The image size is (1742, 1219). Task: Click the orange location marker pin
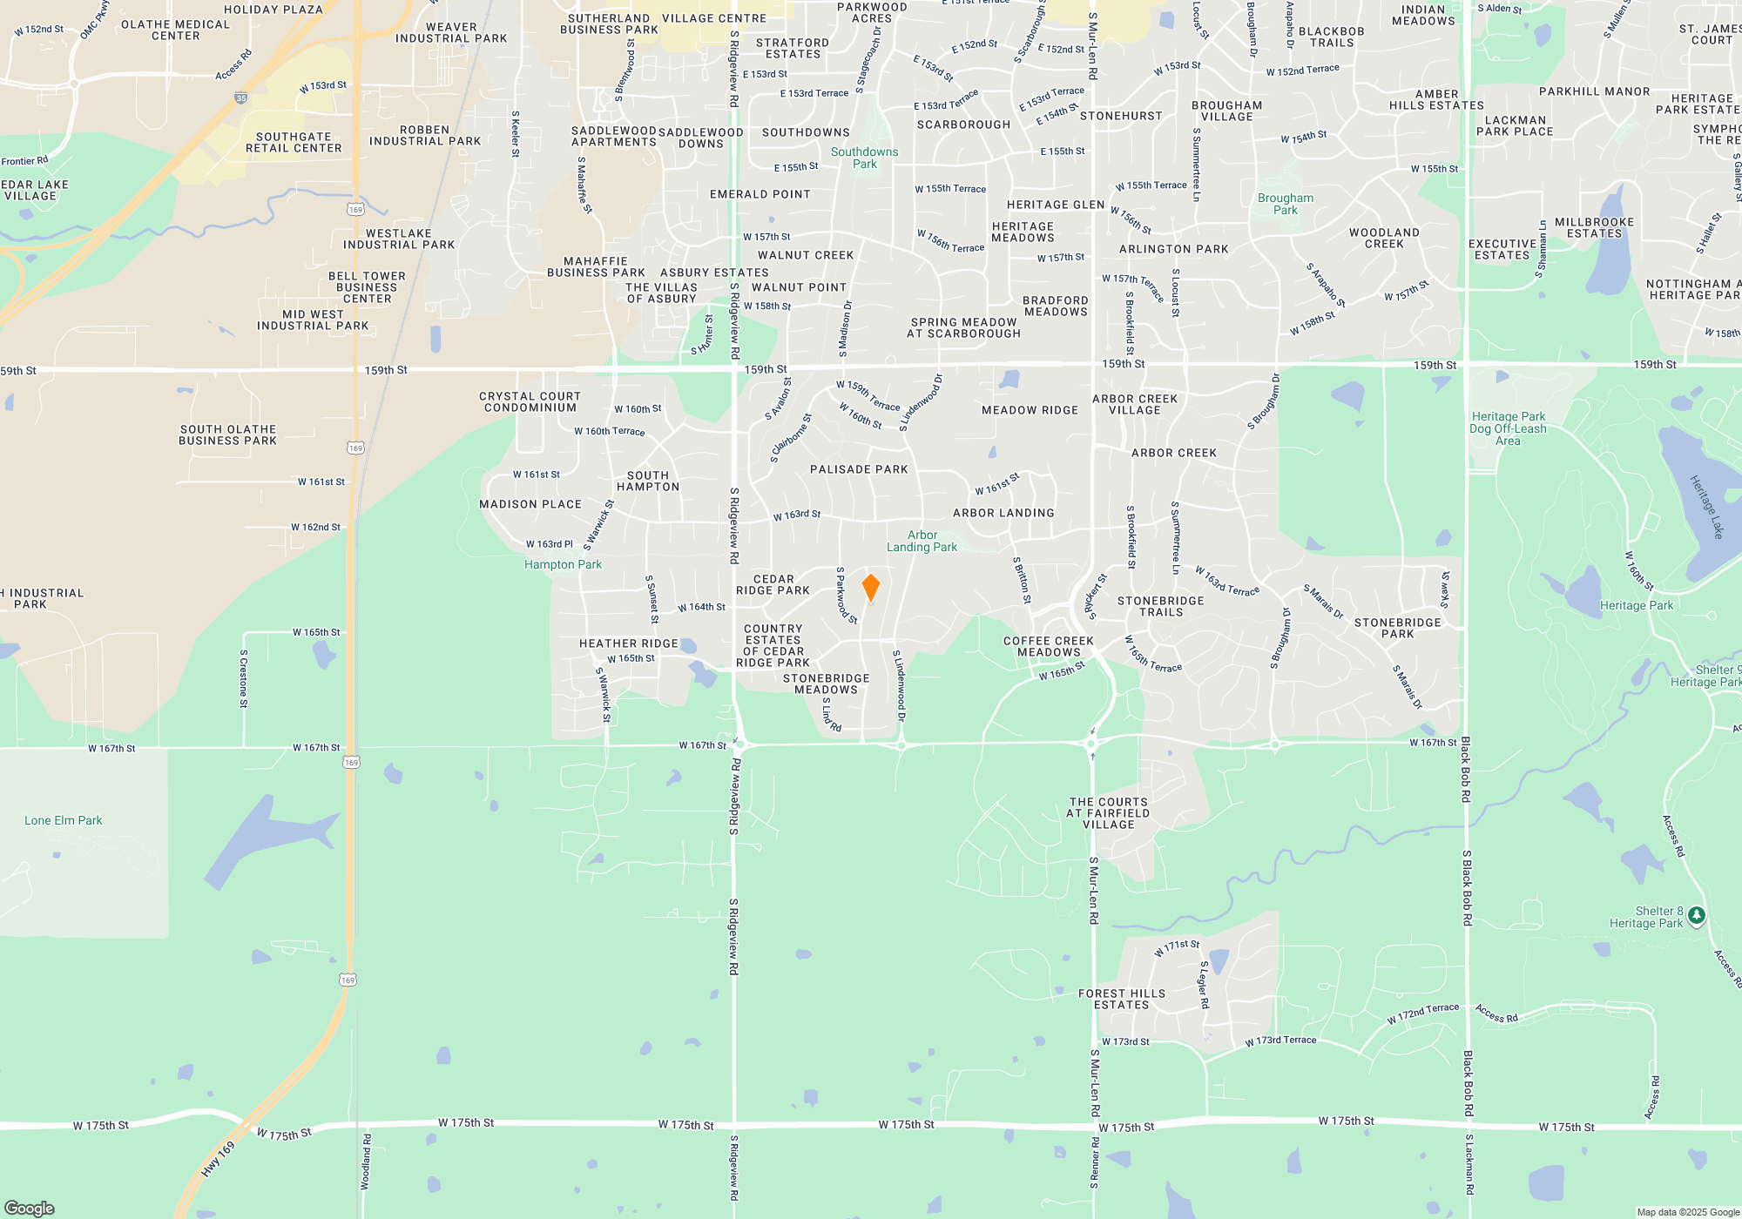pos(870,587)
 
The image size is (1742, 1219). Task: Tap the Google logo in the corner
pos(30,1208)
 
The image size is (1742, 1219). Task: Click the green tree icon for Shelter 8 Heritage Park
pos(1696,915)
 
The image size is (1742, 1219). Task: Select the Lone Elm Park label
pos(64,820)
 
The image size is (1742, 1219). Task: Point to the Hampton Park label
pos(563,564)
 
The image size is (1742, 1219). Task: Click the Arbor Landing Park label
pos(922,541)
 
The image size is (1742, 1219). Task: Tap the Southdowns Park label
pos(864,158)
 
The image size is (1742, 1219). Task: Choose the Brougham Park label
pos(1285,204)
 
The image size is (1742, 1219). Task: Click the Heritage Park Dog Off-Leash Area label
pos(1508,428)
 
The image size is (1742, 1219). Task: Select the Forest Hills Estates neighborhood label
pos(1121,999)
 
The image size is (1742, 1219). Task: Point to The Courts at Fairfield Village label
pos(1108,813)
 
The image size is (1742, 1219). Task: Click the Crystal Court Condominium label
pos(530,401)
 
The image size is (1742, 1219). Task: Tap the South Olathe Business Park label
pos(227,434)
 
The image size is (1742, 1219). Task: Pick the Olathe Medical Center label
pos(175,30)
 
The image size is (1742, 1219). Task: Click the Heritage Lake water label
pos(1706,506)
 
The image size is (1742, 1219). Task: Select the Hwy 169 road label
pos(218,1159)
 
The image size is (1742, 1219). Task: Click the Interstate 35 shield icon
pos(241,98)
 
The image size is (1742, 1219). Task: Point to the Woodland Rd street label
pos(366,1162)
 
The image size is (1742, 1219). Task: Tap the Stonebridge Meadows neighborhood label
pos(826,684)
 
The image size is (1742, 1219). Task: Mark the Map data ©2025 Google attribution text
pos(1687,1212)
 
